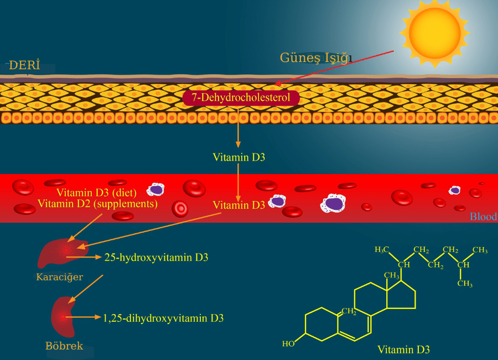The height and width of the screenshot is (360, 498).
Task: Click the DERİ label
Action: click(x=25, y=65)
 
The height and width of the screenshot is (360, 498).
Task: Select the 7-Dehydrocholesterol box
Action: click(x=241, y=98)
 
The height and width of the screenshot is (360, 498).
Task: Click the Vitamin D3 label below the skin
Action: click(x=239, y=157)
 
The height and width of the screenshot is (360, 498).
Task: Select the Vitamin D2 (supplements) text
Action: click(x=98, y=204)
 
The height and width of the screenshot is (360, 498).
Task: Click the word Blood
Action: click(x=483, y=217)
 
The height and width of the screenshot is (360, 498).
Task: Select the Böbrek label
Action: click(x=64, y=346)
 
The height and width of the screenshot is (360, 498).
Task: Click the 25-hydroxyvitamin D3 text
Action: click(x=156, y=258)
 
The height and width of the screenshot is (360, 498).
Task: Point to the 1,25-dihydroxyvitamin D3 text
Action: click(x=163, y=318)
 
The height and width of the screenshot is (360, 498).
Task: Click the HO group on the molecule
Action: click(x=288, y=344)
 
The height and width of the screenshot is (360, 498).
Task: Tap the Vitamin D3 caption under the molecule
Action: click(x=403, y=349)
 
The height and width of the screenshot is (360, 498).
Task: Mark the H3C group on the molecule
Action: click(x=382, y=250)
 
